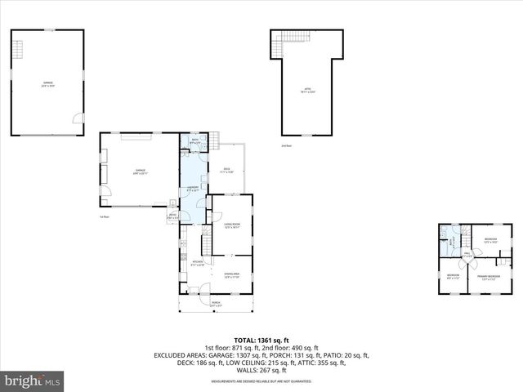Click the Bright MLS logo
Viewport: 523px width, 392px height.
[x=33, y=381]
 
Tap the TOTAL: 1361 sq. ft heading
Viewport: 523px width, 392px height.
[x=261, y=340]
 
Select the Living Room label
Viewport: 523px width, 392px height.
[x=231, y=225]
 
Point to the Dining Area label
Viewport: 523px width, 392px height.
[x=231, y=274]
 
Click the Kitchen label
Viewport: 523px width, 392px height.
[x=197, y=263]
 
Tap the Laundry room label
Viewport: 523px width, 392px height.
[x=194, y=189]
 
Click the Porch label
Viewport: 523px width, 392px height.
[x=216, y=302]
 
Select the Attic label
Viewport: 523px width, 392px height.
[x=307, y=90]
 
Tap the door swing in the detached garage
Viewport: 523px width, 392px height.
[x=78, y=118]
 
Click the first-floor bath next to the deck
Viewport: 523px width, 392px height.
[x=195, y=142]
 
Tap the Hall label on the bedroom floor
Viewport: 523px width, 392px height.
[x=467, y=255]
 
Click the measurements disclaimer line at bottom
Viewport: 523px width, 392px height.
[x=261, y=381]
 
